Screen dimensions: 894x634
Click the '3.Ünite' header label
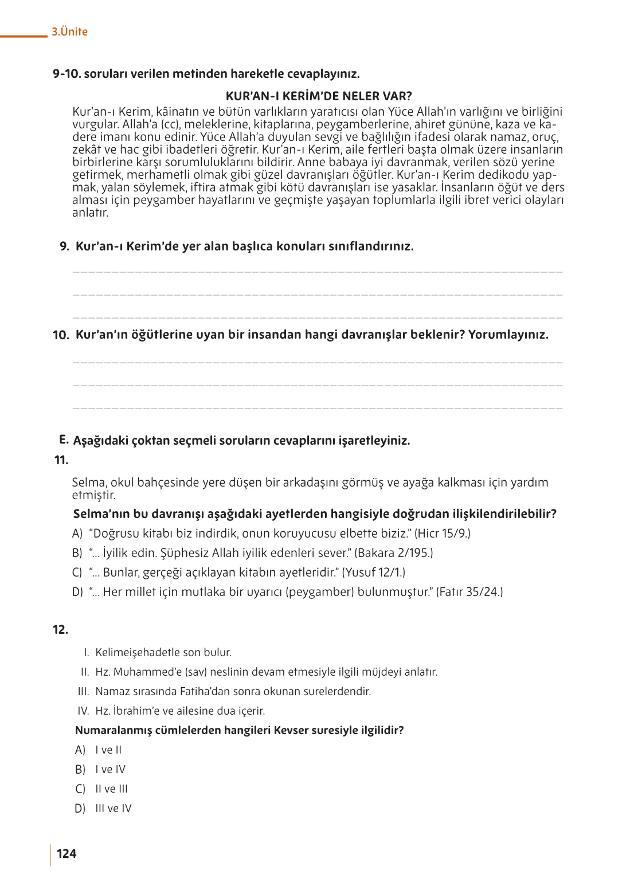click(x=69, y=32)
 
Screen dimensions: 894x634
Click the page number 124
click(x=66, y=853)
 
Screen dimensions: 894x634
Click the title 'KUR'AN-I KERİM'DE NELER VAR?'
click(x=319, y=96)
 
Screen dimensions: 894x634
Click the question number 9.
click(x=64, y=246)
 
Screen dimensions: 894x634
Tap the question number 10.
click(x=61, y=335)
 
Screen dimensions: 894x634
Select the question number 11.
click(x=61, y=460)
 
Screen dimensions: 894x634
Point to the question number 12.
click(x=60, y=629)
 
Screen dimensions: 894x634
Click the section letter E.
click(x=63, y=440)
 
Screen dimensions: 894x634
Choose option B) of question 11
click(x=77, y=553)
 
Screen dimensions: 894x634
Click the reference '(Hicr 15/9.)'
click(x=442, y=534)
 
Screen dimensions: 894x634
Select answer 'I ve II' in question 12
click(x=108, y=750)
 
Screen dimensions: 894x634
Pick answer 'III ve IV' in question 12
click(x=114, y=809)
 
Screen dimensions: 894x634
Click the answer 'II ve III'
click(x=111, y=789)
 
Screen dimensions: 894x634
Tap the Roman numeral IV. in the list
click(x=84, y=711)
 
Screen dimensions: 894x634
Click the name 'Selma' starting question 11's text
click(x=88, y=483)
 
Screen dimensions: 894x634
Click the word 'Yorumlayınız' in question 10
click(x=508, y=335)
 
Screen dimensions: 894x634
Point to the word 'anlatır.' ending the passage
click(x=90, y=213)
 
